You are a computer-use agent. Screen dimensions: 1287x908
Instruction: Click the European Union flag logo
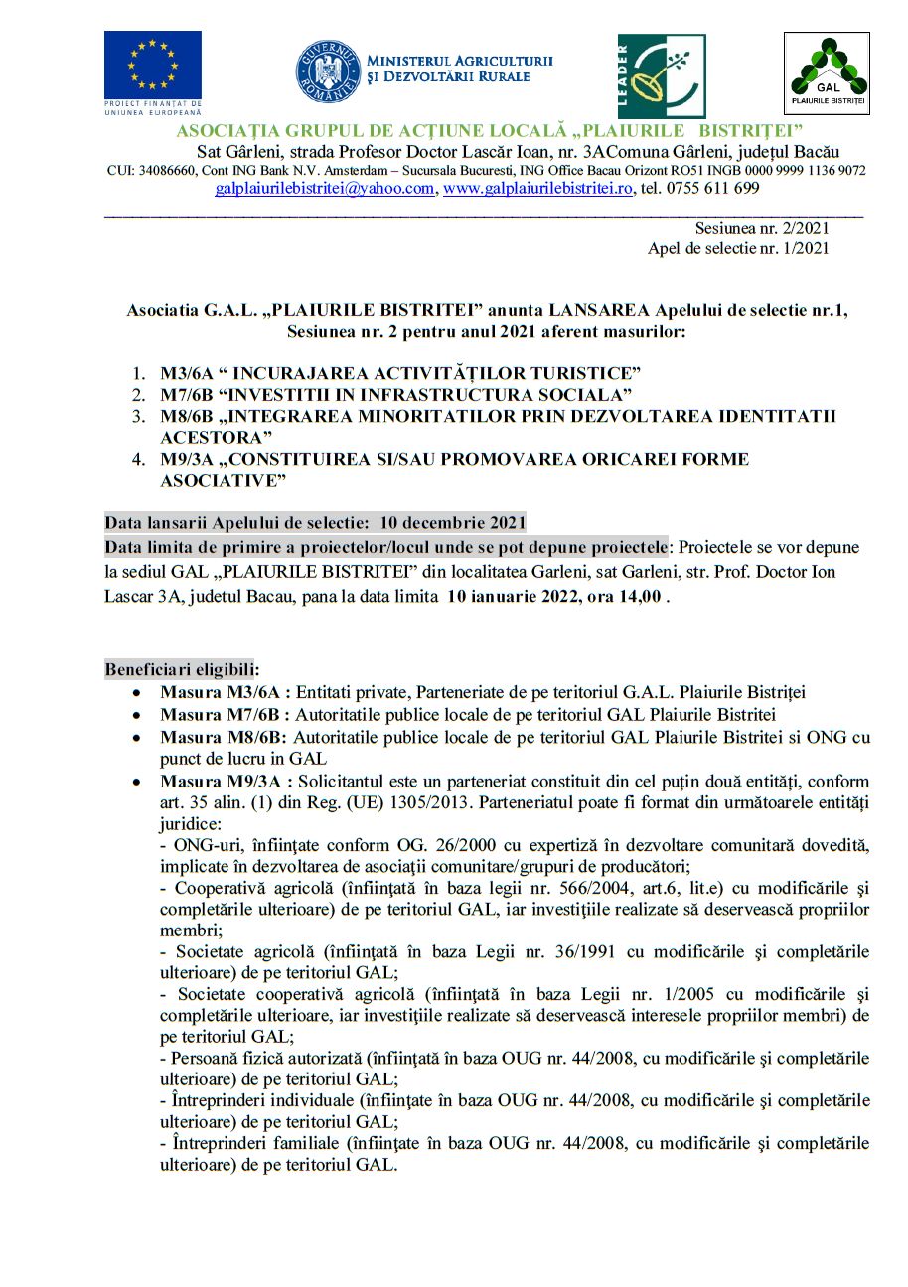click(152, 65)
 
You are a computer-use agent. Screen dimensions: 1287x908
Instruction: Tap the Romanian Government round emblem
click(326, 71)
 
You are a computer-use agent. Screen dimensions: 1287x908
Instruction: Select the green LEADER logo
click(662, 76)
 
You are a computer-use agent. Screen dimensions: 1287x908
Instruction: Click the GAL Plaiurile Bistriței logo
click(827, 72)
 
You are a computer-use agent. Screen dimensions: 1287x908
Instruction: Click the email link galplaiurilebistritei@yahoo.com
click(325, 188)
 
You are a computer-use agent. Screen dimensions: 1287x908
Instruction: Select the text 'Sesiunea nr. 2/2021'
click(762, 228)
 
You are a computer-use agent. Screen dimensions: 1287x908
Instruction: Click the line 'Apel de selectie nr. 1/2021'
click(738, 248)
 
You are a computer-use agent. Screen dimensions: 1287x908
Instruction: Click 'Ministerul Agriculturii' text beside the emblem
click(460, 62)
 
